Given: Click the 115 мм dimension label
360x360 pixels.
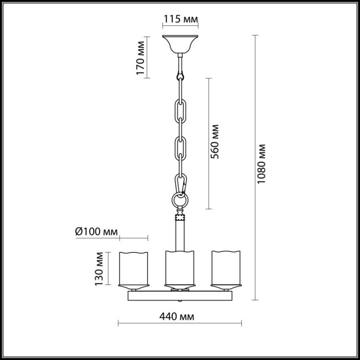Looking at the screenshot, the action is pyautogui.click(x=180, y=19).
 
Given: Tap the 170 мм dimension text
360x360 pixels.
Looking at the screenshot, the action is pyautogui.click(x=140, y=58).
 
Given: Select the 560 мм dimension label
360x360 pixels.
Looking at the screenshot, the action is pyautogui.click(x=215, y=142).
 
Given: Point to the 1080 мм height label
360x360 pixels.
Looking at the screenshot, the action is pyautogui.click(x=261, y=164).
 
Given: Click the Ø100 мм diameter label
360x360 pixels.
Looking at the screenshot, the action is pyautogui.click(x=96, y=232).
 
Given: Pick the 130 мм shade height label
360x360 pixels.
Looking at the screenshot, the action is pyautogui.click(x=99, y=269).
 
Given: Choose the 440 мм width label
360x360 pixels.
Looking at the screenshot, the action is pyautogui.click(x=177, y=317).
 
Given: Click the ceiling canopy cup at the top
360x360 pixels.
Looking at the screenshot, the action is pyautogui.click(x=180, y=44).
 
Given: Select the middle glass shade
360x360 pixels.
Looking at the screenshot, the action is pyautogui.click(x=180, y=268).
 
